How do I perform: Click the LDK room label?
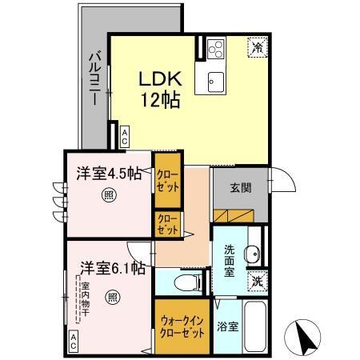pyautogui.click(x=160, y=78)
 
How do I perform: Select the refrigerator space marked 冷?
pyautogui.click(x=258, y=47)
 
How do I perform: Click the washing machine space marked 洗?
pyautogui.click(x=258, y=281)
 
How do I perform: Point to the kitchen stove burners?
pyautogui.click(x=216, y=50)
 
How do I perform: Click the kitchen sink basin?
pyautogui.click(x=216, y=82)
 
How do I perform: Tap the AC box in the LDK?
pyautogui.click(x=125, y=137)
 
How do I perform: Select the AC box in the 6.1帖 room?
pyautogui.click(x=74, y=341)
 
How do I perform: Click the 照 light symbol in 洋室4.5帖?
pyautogui.click(x=109, y=195)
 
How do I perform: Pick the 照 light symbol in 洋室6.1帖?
pyautogui.click(x=112, y=298)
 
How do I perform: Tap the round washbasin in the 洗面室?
pyautogui.click(x=252, y=253)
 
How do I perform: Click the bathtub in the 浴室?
pyautogui.click(x=255, y=327)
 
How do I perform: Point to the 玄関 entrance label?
pyautogui.click(x=241, y=188)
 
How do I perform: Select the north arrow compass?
pyautogui.click(x=302, y=338)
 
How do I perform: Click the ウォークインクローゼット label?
pyautogui.click(x=182, y=327)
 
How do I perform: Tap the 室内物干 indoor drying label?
pyautogui.click(x=86, y=299)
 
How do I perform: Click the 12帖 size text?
pyautogui.click(x=160, y=100)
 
